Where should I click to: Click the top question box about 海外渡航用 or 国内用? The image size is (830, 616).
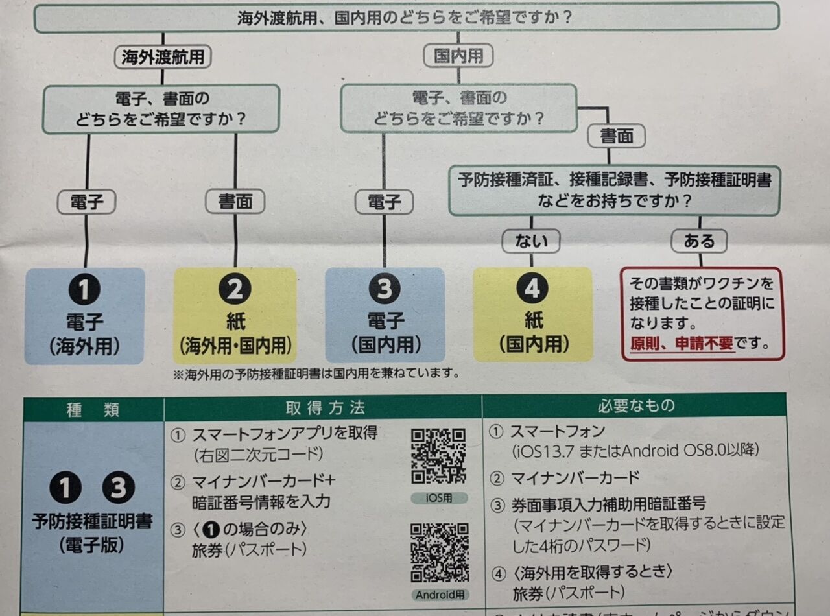[x=406, y=17]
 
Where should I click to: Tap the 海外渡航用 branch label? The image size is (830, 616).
[x=163, y=57]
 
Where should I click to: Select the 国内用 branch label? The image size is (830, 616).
[x=458, y=56]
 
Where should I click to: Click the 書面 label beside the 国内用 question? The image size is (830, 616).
[x=616, y=136]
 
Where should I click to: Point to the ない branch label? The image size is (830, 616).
[x=531, y=241]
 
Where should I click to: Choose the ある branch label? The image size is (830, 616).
[x=699, y=241]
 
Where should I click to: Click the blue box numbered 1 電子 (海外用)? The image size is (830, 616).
[x=84, y=315]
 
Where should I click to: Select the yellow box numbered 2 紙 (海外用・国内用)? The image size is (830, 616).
[x=235, y=315]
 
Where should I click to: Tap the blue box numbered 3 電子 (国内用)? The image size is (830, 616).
[x=385, y=315]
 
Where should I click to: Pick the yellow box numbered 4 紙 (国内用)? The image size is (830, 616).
[x=532, y=314]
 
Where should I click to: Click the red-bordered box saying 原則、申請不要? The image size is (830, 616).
[x=702, y=313]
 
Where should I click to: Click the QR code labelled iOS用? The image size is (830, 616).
[x=439, y=456]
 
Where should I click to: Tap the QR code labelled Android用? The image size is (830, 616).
[x=440, y=552]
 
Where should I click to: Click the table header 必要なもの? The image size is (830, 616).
[x=635, y=406]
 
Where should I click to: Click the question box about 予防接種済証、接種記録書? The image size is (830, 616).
[x=614, y=190]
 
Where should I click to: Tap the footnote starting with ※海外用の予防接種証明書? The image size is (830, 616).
[x=316, y=373]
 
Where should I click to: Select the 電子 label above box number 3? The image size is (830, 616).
[x=385, y=202]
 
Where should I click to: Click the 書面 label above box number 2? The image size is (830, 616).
[x=235, y=202]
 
